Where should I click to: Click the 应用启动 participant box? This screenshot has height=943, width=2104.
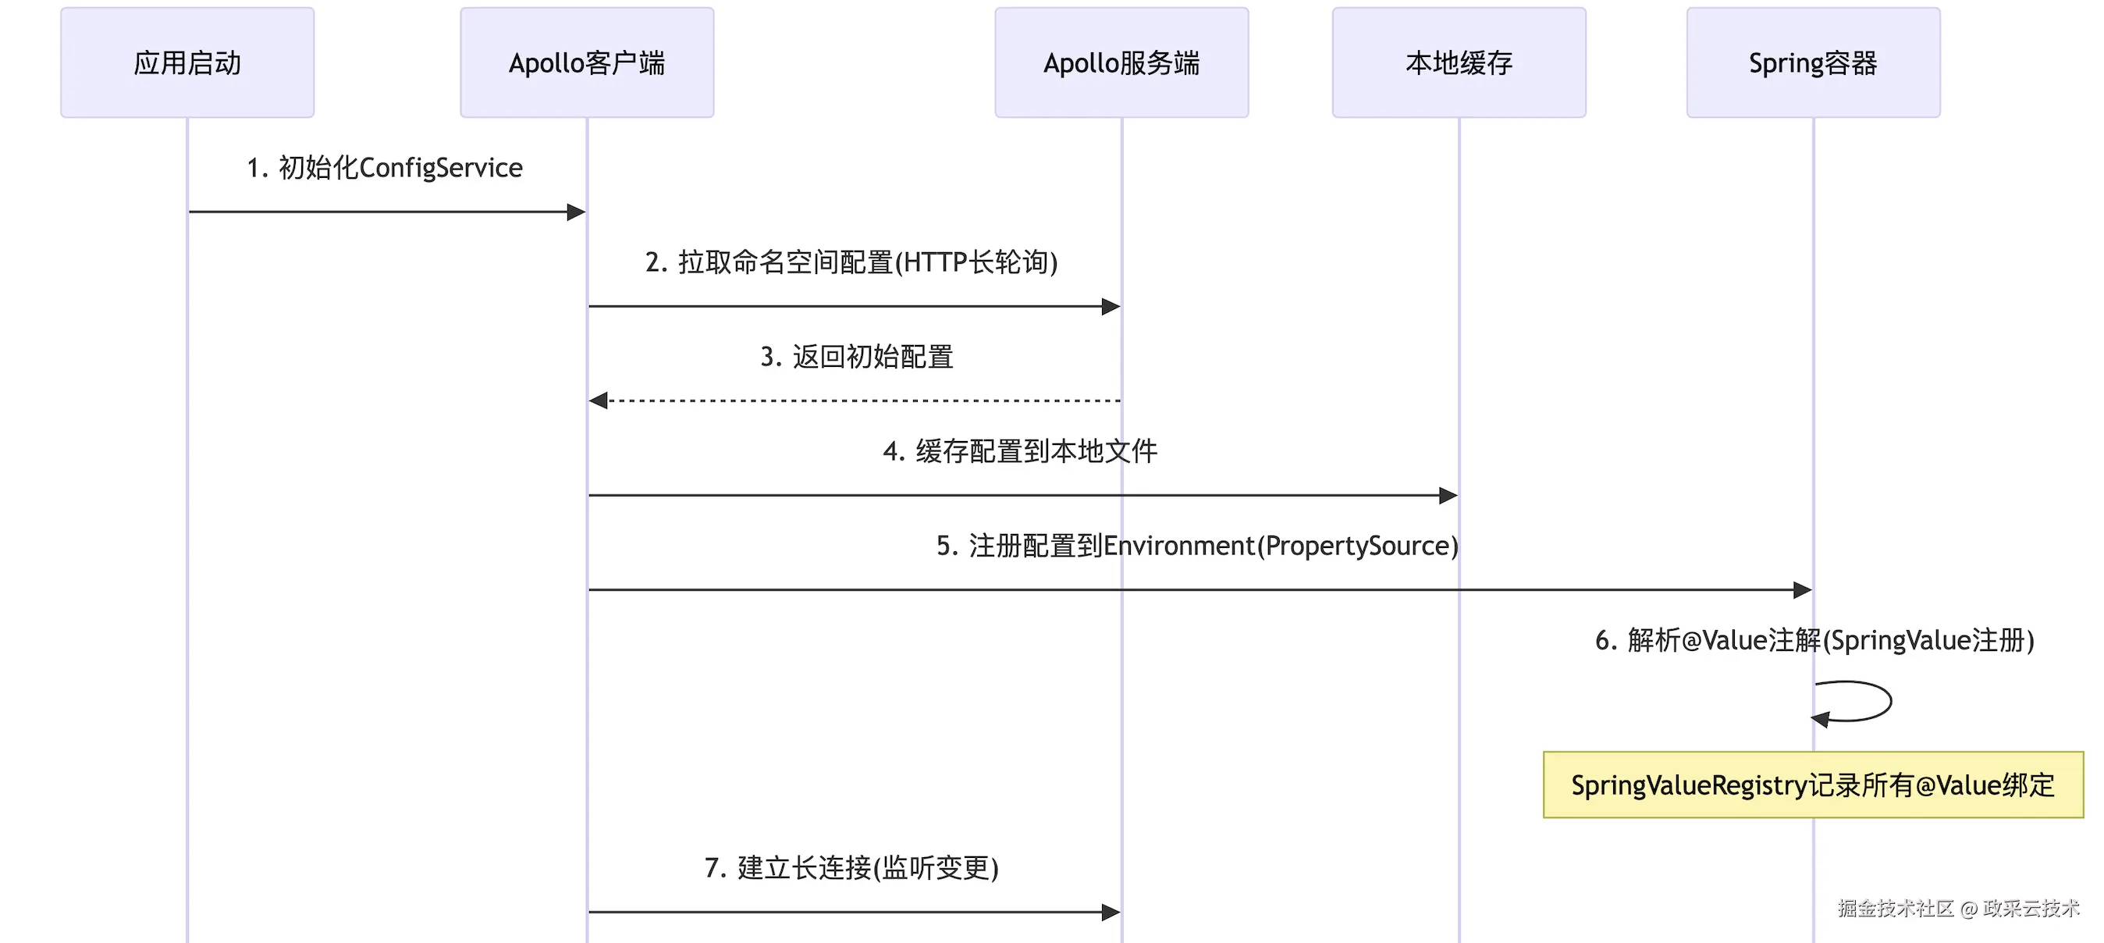coord(187,63)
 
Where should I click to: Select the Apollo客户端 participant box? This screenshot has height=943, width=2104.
coord(586,63)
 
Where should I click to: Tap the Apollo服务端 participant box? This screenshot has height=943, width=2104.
coord(1121,63)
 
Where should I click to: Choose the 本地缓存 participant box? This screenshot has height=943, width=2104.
coord(1459,63)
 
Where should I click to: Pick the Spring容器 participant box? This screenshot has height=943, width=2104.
coord(1813,63)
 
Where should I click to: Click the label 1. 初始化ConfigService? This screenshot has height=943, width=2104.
coord(385,168)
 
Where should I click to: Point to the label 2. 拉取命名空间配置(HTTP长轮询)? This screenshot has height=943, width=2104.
coord(851,262)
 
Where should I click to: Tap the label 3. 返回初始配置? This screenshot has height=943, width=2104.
coord(856,357)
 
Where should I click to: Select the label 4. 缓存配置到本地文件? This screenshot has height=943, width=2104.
coord(1019,451)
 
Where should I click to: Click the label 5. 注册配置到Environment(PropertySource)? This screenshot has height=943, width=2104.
coord(1196,546)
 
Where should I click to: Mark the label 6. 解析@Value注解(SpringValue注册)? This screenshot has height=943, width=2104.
coord(1814,640)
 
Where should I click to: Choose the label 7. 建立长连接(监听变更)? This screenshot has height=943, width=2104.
coord(851,868)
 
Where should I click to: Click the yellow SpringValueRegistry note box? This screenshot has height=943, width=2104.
coord(1812,785)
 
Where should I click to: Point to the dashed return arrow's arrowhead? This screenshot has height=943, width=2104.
coord(599,400)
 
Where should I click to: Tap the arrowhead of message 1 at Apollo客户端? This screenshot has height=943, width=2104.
coord(577,212)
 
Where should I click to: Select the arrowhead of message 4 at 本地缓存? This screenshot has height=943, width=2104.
coord(1448,495)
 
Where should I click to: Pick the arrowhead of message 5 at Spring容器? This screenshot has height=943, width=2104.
coord(1803,590)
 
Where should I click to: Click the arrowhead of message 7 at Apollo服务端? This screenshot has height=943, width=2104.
coord(1111,912)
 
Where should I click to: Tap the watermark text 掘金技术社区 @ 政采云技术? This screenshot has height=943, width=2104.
coord(1958,908)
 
